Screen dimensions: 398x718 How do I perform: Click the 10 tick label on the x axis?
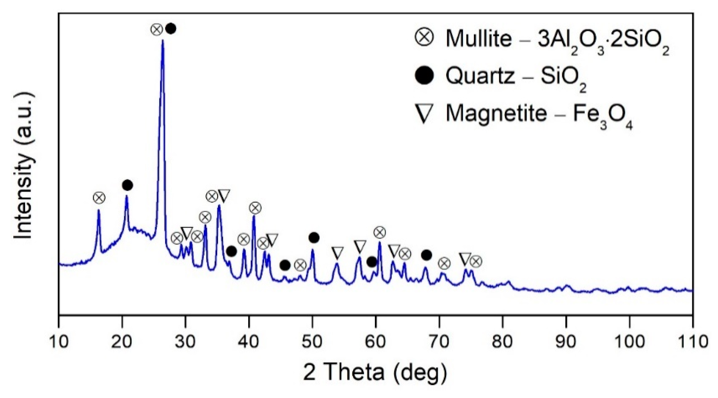pos(58,342)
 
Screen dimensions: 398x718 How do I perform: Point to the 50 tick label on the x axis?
pos(312,342)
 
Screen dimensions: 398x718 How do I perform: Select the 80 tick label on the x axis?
pos(502,342)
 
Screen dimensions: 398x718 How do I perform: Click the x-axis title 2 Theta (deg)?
pos(375,372)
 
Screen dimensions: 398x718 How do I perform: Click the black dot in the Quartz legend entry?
pos(424,76)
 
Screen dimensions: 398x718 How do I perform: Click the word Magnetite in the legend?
pos(496,114)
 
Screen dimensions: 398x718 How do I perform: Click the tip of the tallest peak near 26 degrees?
pos(163,41)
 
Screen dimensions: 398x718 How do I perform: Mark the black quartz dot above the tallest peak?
pos(171,29)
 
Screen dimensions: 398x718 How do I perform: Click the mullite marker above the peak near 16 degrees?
pos(99,198)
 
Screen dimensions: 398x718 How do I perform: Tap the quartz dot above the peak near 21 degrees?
pos(127,185)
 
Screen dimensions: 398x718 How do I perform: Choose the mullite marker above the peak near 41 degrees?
pos(255,208)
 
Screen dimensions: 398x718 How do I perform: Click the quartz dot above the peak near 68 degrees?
pos(426,255)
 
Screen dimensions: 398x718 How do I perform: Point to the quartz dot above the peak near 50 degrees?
pos(314,238)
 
